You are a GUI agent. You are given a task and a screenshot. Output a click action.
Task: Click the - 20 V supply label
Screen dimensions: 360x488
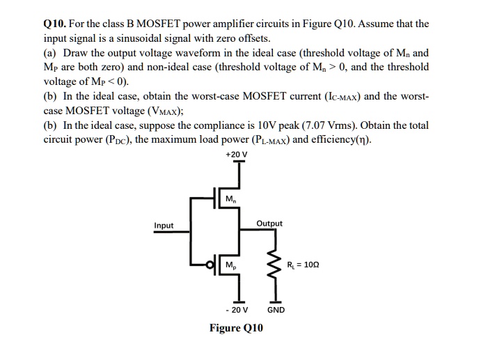238,309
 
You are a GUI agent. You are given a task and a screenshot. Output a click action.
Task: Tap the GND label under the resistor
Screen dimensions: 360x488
276,309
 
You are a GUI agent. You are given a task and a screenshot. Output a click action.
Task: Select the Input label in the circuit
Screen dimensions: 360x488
164,226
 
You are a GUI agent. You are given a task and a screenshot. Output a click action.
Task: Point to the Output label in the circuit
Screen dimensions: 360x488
269,224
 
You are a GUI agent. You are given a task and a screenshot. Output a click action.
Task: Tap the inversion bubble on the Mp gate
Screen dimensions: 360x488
207,264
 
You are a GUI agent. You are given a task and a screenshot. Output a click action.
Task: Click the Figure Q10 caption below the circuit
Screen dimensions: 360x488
237,328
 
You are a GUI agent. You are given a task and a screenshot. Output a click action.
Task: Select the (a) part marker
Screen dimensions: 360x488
51,52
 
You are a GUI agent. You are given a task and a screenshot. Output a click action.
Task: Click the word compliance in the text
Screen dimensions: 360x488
223,125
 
